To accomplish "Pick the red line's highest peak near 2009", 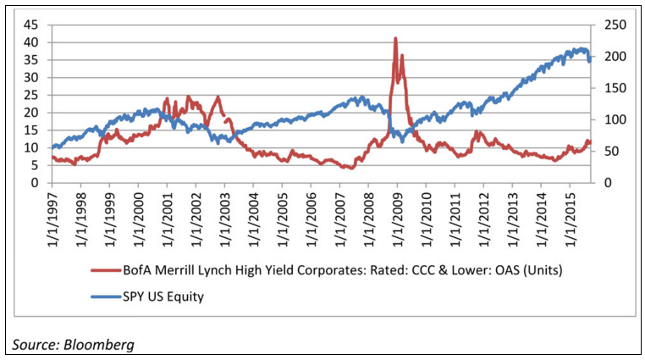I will (x=395, y=39).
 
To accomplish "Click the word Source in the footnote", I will (x=31, y=345).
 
